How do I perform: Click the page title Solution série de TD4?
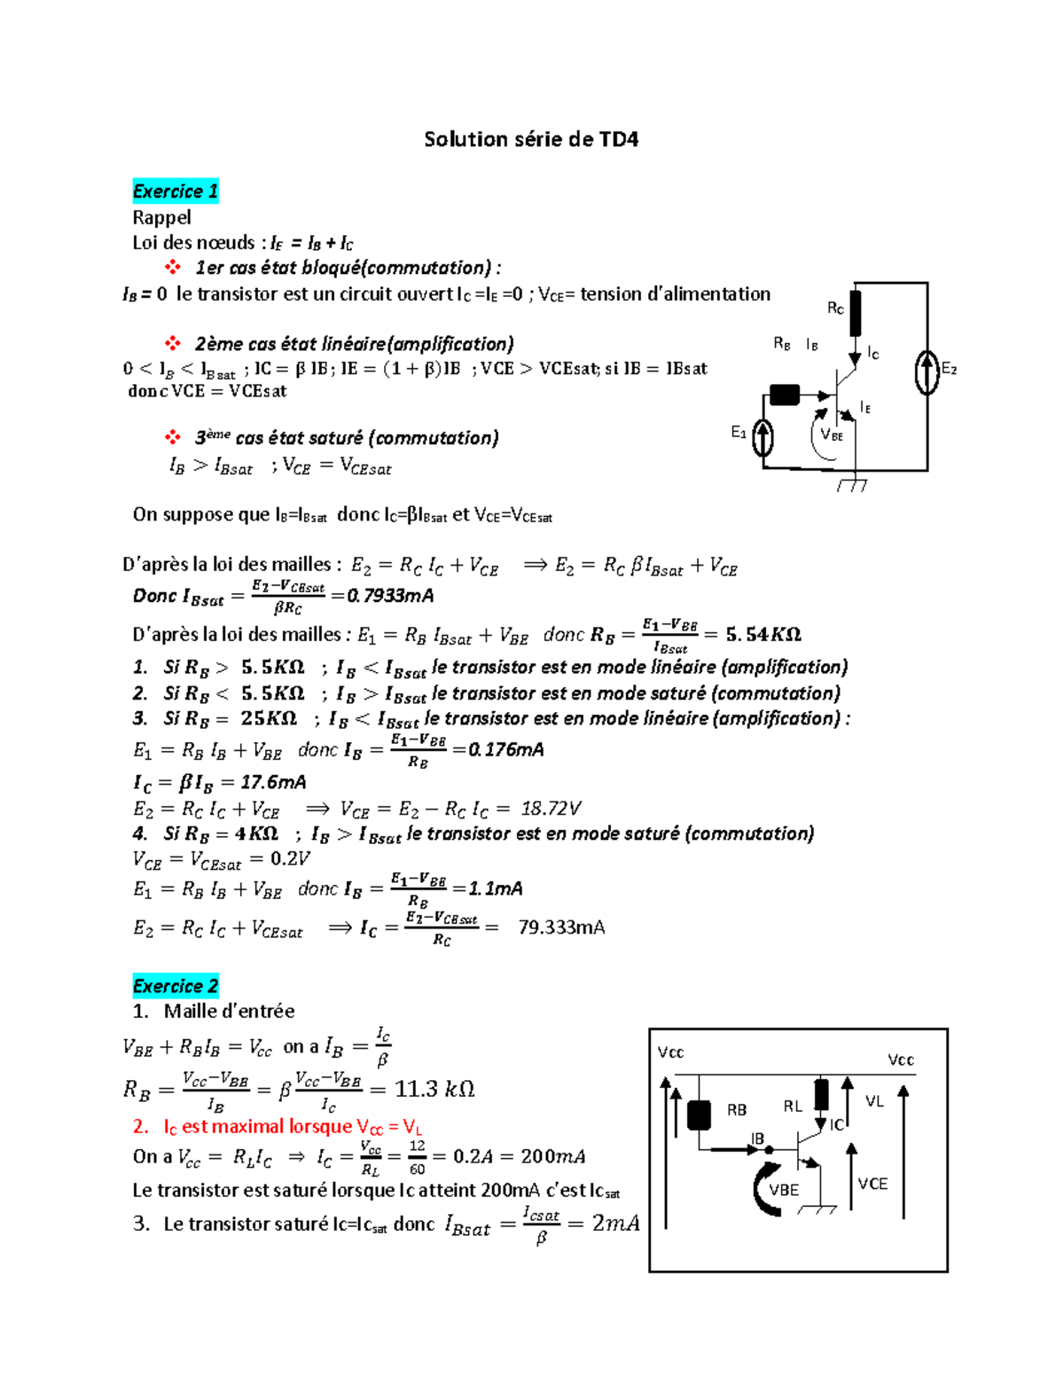pyautogui.click(x=531, y=139)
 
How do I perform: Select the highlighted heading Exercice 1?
pyautogui.click(x=176, y=192)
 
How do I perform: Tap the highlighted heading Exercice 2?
pyautogui.click(x=176, y=986)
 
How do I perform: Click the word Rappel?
pyautogui.click(x=161, y=217)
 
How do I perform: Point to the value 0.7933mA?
pyautogui.click(x=390, y=596)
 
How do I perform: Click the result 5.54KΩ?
pyautogui.click(x=763, y=635)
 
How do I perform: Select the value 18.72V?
pyautogui.click(x=551, y=809)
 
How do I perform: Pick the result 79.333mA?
pyautogui.click(x=561, y=927)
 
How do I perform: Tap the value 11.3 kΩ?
pyautogui.click(x=434, y=1089)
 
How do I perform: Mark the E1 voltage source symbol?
pyautogui.click(x=763, y=437)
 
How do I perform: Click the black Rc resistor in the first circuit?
pyautogui.click(x=855, y=312)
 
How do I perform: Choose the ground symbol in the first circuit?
pyautogui.click(x=853, y=484)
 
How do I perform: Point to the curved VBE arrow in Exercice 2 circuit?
pyautogui.click(x=763, y=1189)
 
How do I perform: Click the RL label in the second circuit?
pyautogui.click(x=793, y=1106)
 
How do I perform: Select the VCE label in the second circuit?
pyautogui.click(x=872, y=1184)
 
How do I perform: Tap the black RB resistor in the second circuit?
pyautogui.click(x=700, y=1115)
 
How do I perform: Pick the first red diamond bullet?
pyautogui.click(x=173, y=267)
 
